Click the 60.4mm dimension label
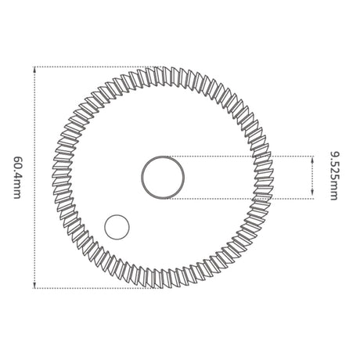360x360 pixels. [17, 178]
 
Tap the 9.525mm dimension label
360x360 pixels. [334, 176]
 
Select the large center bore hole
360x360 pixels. [163, 178]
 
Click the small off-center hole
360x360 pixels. [117, 227]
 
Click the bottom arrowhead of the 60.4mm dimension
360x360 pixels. [34, 285]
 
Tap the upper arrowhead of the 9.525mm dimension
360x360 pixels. [312, 160]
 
